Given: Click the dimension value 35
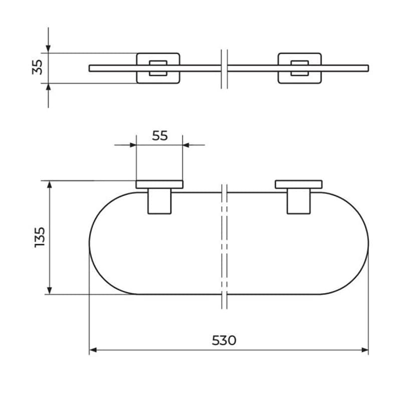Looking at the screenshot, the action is coord(37,67).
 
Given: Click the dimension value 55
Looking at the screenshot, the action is coord(160,136).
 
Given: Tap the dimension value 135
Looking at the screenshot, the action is coord(40,237).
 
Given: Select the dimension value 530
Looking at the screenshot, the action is coord(224,340).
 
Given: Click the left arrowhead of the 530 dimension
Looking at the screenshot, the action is coord(93,350).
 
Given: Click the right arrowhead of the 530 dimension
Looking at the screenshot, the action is coord(365,350).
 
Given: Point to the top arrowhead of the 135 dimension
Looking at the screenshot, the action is coord(50,184).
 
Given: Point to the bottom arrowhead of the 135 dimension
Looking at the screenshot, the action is coord(50,291).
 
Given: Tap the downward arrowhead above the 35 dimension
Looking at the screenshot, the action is coord(48,49).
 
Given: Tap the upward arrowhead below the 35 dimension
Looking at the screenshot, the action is coord(48,87).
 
